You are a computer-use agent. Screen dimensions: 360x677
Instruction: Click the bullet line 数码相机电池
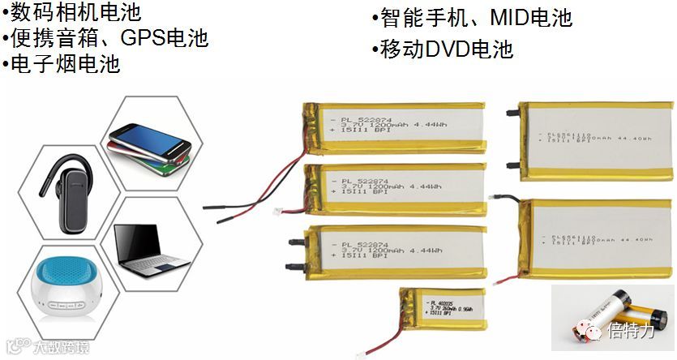coord(73,12)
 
